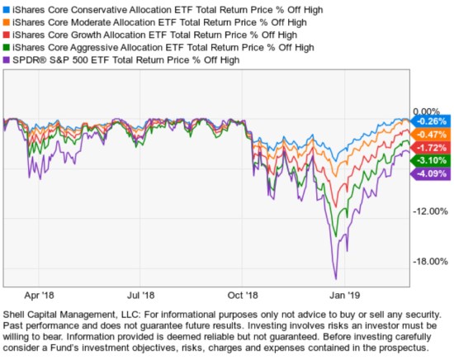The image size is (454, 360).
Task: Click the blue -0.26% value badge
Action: pos(430,121)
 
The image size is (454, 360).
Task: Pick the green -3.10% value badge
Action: pos(430,159)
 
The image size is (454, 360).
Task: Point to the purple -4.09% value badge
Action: pos(430,173)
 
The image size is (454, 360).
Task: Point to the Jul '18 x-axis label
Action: pos(142,293)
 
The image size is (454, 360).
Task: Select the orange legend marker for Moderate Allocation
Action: pos(7,22)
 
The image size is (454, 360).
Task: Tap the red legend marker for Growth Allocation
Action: pos(7,35)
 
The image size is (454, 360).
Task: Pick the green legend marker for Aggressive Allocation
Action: pos(7,47)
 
